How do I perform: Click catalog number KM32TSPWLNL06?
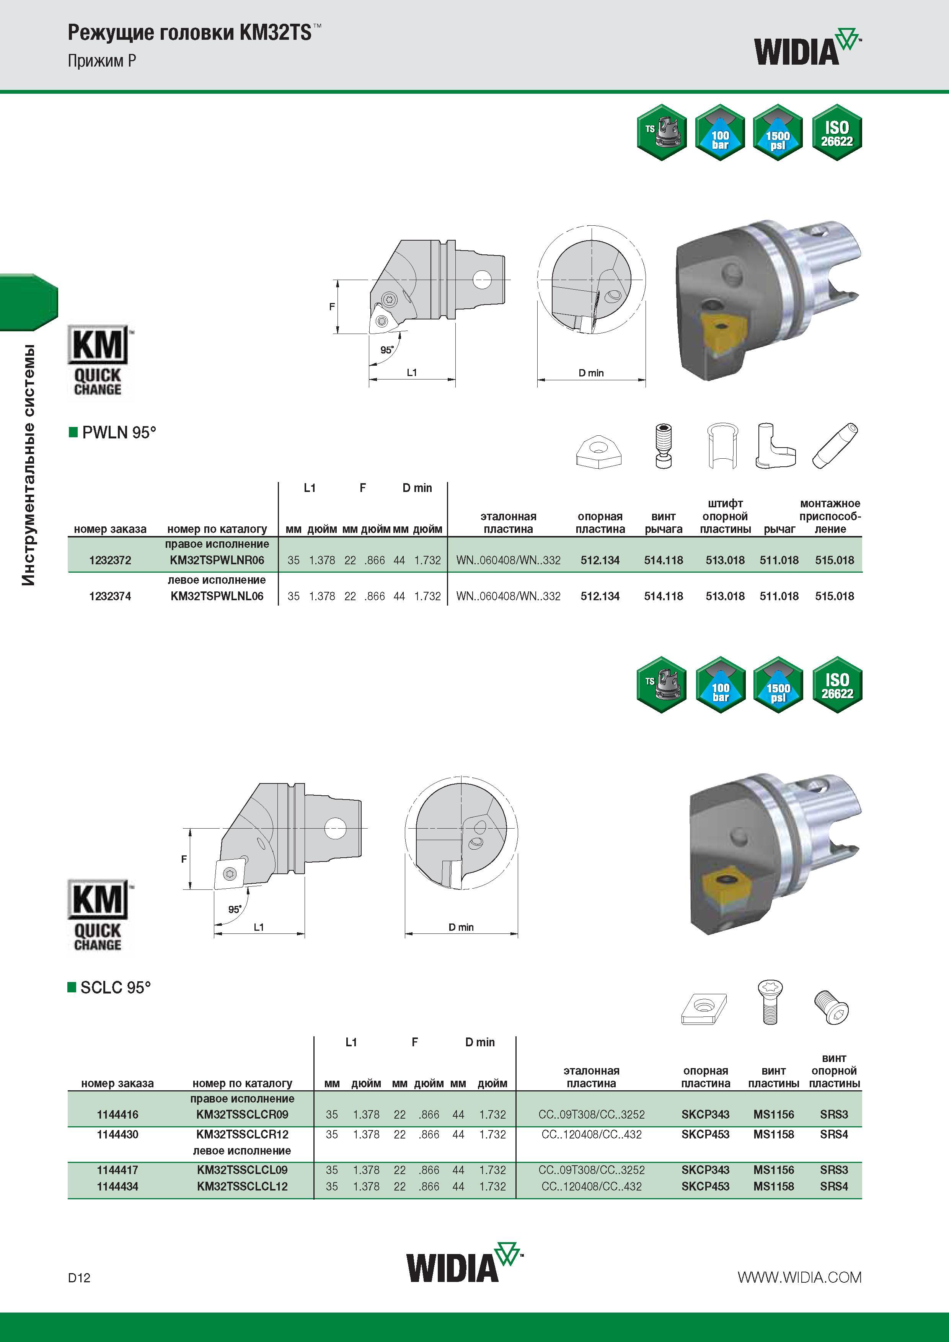(217, 596)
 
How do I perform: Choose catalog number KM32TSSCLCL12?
(242, 1187)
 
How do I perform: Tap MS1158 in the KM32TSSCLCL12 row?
(774, 1187)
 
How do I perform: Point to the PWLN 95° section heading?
(113, 433)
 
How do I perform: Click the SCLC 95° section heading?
(109, 987)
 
